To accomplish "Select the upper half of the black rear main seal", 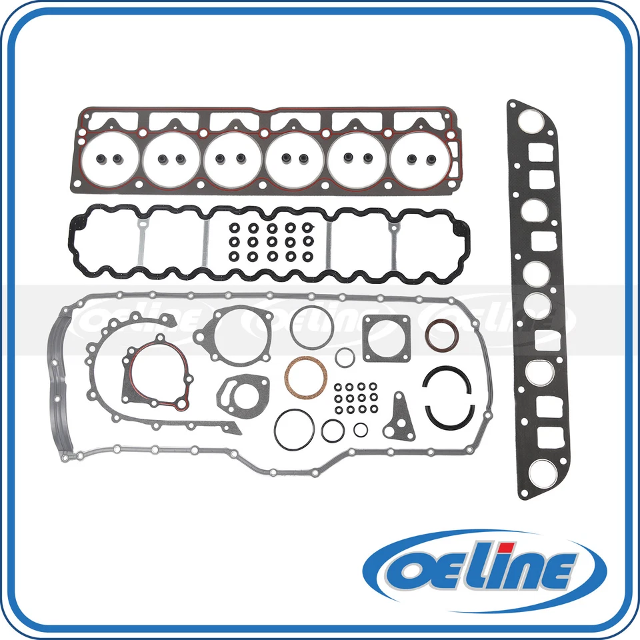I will point(447,377).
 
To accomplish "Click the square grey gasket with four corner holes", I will point(386,337).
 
